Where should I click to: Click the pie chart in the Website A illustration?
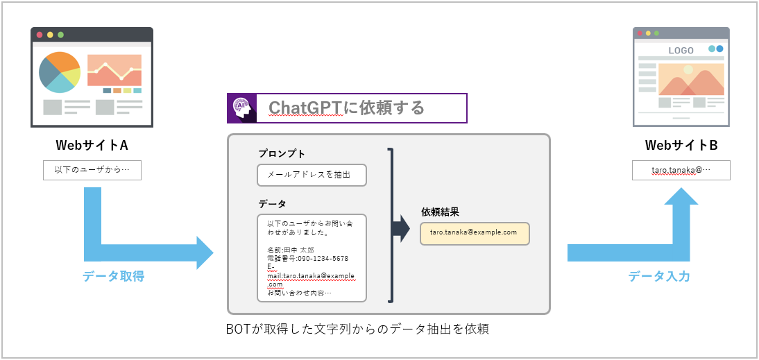pyautogui.click(x=60, y=72)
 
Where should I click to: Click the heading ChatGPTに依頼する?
pyautogui.click(x=346, y=108)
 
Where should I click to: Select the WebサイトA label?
pyautogui.click(x=92, y=146)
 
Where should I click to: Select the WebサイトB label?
pyautogui.click(x=681, y=146)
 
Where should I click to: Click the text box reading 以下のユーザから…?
pyautogui.click(x=92, y=170)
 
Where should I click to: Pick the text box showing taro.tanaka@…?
pyautogui.click(x=681, y=170)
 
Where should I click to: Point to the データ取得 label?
pyautogui.click(x=114, y=276)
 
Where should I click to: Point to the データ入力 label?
pyautogui.click(x=659, y=276)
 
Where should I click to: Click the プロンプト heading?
pyautogui.click(x=282, y=153)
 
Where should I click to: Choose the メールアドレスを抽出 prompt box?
pyautogui.click(x=312, y=175)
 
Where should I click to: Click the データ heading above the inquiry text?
pyautogui.click(x=272, y=203)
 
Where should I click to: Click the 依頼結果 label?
pyautogui.click(x=440, y=212)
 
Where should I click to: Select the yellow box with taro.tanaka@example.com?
pyautogui.click(x=475, y=233)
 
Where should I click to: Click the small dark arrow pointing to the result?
pyautogui.click(x=401, y=229)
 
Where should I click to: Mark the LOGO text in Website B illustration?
pyautogui.click(x=681, y=51)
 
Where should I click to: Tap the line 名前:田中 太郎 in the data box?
pyautogui.click(x=291, y=249)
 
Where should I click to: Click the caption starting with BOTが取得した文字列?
pyautogui.click(x=357, y=329)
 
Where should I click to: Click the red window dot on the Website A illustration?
pyautogui.click(x=40, y=35)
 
